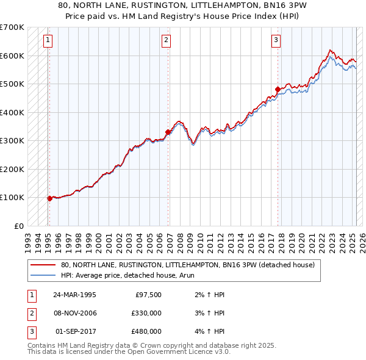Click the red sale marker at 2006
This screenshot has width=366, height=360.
pyautogui.click(x=168, y=132)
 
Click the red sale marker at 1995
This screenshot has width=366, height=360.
pyautogui.click(x=49, y=198)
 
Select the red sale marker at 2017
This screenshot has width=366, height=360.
pyautogui.click(x=278, y=89)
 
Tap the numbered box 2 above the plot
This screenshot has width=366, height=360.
pyautogui.click(x=166, y=41)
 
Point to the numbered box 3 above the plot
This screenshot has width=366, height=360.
pyautogui.click(x=276, y=41)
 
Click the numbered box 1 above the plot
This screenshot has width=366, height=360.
pyautogui.click(x=48, y=41)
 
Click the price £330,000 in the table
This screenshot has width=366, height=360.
pyautogui.click(x=146, y=313)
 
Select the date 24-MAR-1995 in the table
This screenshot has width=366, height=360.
pyautogui.click(x=74, y=295)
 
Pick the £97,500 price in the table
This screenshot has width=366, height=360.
pyautogui.click(x=148, y=295)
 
